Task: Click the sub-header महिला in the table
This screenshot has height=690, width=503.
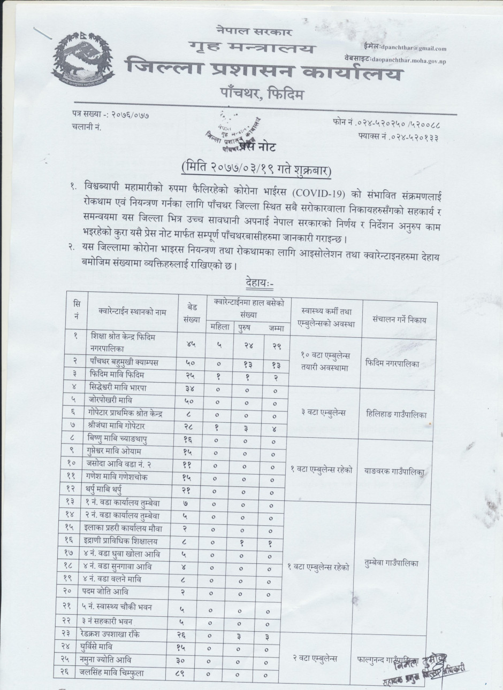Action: (218, 327)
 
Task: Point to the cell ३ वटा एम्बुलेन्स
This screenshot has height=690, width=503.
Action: (324, 413)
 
